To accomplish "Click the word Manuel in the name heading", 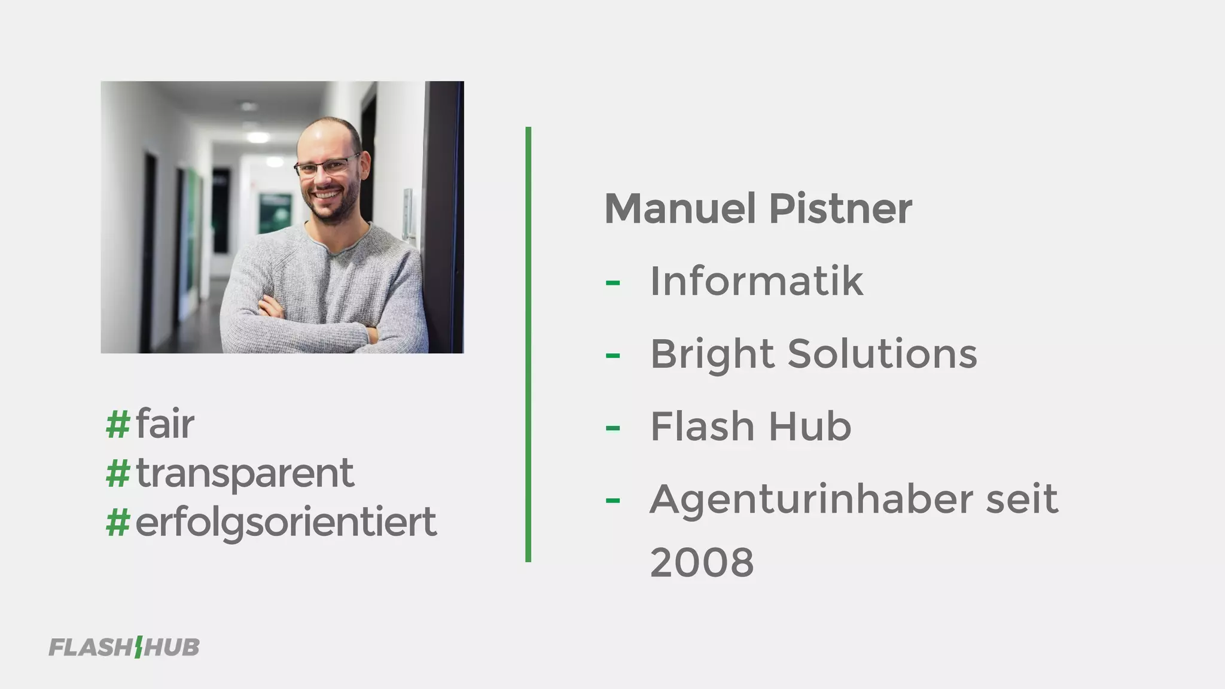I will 680,209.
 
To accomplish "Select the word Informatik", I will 757,281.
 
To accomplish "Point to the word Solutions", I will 882,353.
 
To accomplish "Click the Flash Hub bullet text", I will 751,426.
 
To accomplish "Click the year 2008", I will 702,562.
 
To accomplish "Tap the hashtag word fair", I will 164,424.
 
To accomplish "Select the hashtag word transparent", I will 245,473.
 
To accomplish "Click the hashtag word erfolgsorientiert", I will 286,522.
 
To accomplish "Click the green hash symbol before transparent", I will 118,473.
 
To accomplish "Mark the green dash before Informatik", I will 612,282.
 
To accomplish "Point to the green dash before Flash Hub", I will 612,428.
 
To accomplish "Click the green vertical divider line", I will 528,344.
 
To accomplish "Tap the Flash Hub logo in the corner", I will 124,647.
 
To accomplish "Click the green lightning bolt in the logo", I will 139,647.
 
